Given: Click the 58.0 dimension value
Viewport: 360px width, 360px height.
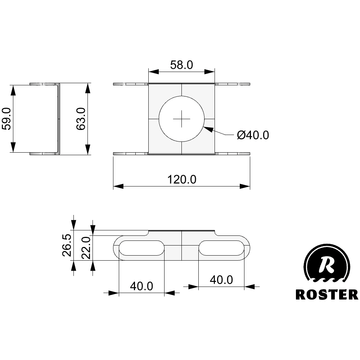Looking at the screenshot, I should [181, 65].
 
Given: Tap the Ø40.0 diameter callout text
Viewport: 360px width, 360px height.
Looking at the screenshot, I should [253, 135].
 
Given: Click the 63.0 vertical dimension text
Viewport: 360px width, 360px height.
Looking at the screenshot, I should [80, 118].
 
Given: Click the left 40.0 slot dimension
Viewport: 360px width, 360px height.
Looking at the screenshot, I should [141, 286].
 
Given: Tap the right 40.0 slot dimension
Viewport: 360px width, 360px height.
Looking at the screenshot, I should [221, 280].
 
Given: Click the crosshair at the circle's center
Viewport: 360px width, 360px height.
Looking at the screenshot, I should [181, 118].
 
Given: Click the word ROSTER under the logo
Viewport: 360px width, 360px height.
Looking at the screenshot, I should [327, 294].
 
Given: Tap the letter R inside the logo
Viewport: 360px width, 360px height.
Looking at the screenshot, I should [327, 265].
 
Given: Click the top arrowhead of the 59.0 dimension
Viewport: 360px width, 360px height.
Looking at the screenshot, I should [13, 90].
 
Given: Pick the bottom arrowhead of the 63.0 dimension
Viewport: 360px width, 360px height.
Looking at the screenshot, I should [87, 150].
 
